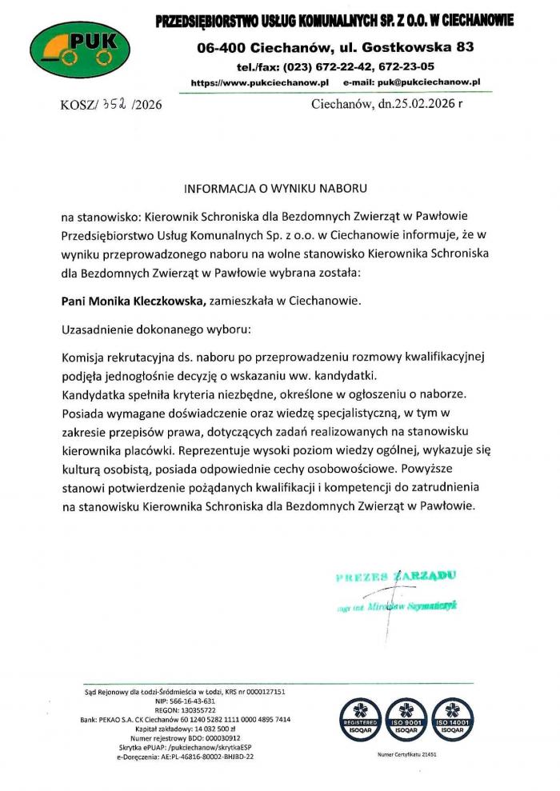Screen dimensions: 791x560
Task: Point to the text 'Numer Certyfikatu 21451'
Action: (406, 755)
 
